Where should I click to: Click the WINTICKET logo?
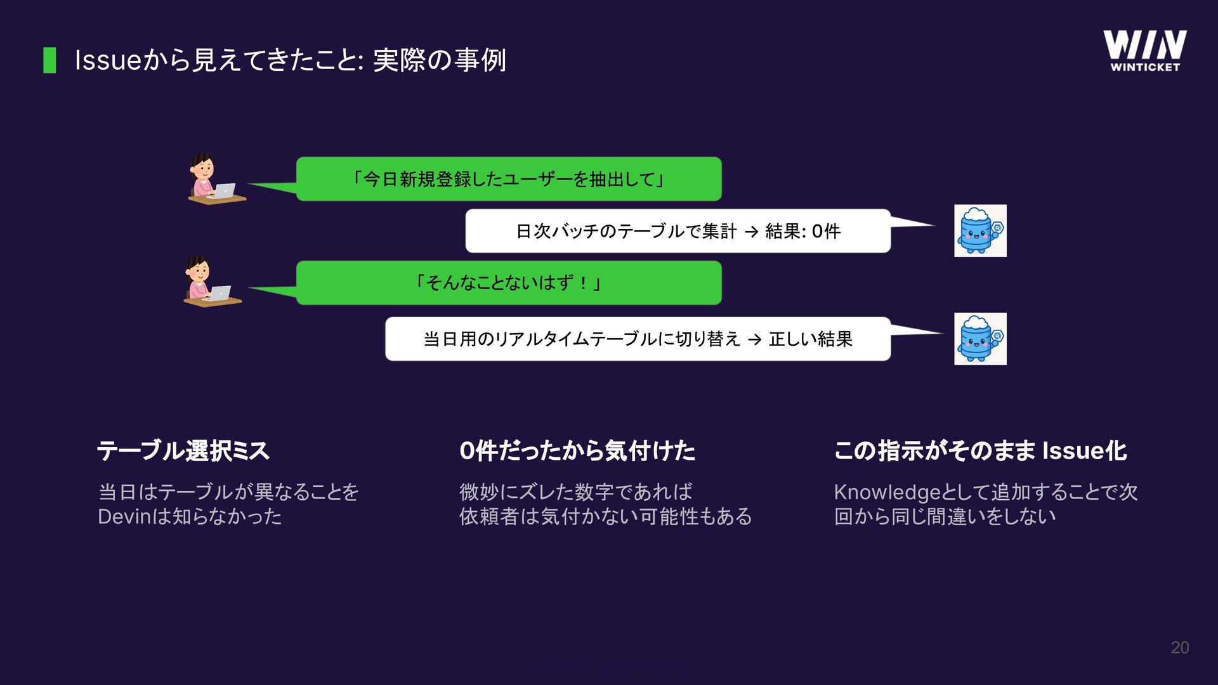pyautogui.click(x=1144, y=51)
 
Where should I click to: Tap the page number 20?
pyautogui.click(x=1179, y=648)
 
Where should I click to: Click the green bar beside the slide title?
pyautogui.click(x=49, y=60)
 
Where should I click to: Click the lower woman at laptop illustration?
pyautogui.click(x=211, y=282)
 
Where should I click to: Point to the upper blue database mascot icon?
pyautogui.click(x=980, y=231)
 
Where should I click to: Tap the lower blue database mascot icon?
pyautogui.click(x=980, y=339)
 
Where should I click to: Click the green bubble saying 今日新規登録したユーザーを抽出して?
pyautogui.click(x=508, y=179)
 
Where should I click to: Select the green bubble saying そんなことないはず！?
pyautogui.click(x=508, y=283)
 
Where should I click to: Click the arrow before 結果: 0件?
pyautogui.click(x=751, y=232)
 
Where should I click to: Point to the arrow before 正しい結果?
pyautogui.click(x=754, y=340)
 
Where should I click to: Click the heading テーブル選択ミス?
pyautogui.click(x=183, y=451)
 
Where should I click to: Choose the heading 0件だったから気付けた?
pyautogui.click(x=577, y=451)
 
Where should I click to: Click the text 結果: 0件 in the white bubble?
pyautogui.click(x=803, y=232)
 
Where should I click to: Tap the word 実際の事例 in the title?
pyautogui.click(x=439, y=60)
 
